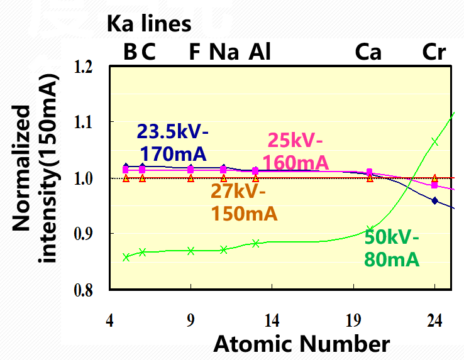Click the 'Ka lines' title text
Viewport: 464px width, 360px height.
tap(148, 25)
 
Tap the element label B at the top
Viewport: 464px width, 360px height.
tap(130, 52)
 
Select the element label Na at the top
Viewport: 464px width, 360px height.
tap(224, 52)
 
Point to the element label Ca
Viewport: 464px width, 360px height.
tap(368, 52)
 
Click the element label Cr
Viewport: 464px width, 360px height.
tap(434, 52)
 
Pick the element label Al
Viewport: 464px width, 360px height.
tap(260, 52)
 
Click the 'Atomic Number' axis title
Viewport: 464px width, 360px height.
tap(302, 344)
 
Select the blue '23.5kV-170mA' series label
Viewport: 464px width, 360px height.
tap(173, 142)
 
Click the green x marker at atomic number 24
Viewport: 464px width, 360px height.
tap(434, 142)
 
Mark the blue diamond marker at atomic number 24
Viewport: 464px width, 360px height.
tap(434, 200)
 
